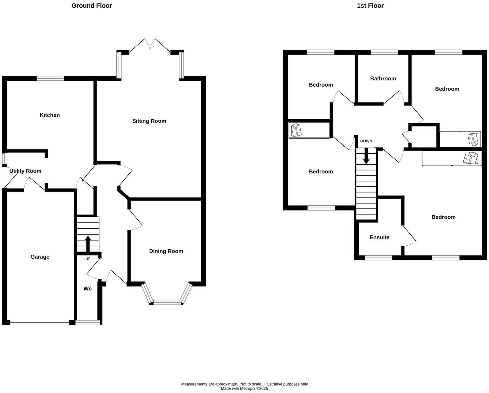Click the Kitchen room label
(50, 115)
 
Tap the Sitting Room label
(149, 121)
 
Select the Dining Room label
(166, 251)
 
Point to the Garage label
(40, 257)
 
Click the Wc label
(87, 288)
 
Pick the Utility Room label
(25, 171)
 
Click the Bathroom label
(383, 79)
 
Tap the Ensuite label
(379, 237)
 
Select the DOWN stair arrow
(366, 156)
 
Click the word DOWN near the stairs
(366, 141)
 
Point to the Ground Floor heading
(92, 6)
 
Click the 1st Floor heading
(370, 6)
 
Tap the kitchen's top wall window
(51, 78)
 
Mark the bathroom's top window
(384, 52)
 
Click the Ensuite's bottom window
(378, 258)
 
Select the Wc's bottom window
(87, 322)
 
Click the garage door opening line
(40, 322)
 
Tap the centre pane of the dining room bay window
(167, 302)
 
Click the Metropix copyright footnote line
(244, 388)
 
